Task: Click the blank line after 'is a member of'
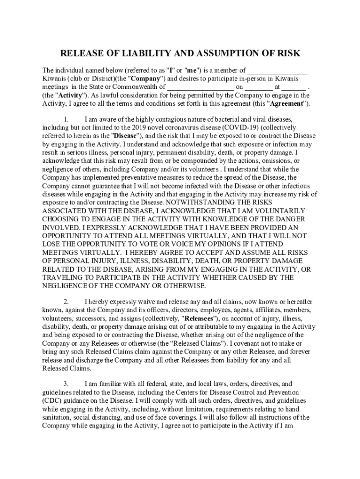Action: pos(277,71)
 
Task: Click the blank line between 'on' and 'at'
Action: pos(259,87)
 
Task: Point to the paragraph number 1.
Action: pos(67,119)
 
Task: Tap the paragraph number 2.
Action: pos(67,302)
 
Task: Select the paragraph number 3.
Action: pos(67,384)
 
